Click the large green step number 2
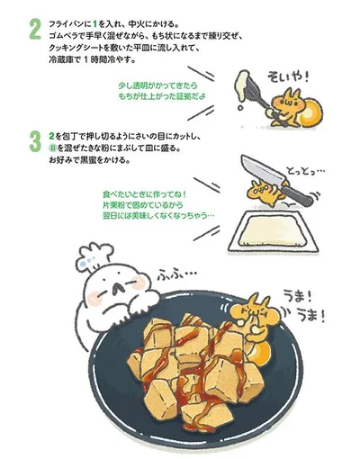(x=35, y=30)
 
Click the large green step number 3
(x=35, y=142)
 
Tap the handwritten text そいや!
(x=288, y=77)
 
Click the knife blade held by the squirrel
(x=263, y=170)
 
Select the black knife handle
(x=297, y=195)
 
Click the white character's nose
(x=118, y=288)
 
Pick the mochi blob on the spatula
(x=244, y=85)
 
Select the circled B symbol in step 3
(x=53, y=148)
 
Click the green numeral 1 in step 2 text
(x=95, y=23)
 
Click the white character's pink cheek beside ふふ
(x=139, y=283)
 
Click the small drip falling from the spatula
(x=240, y=107)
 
